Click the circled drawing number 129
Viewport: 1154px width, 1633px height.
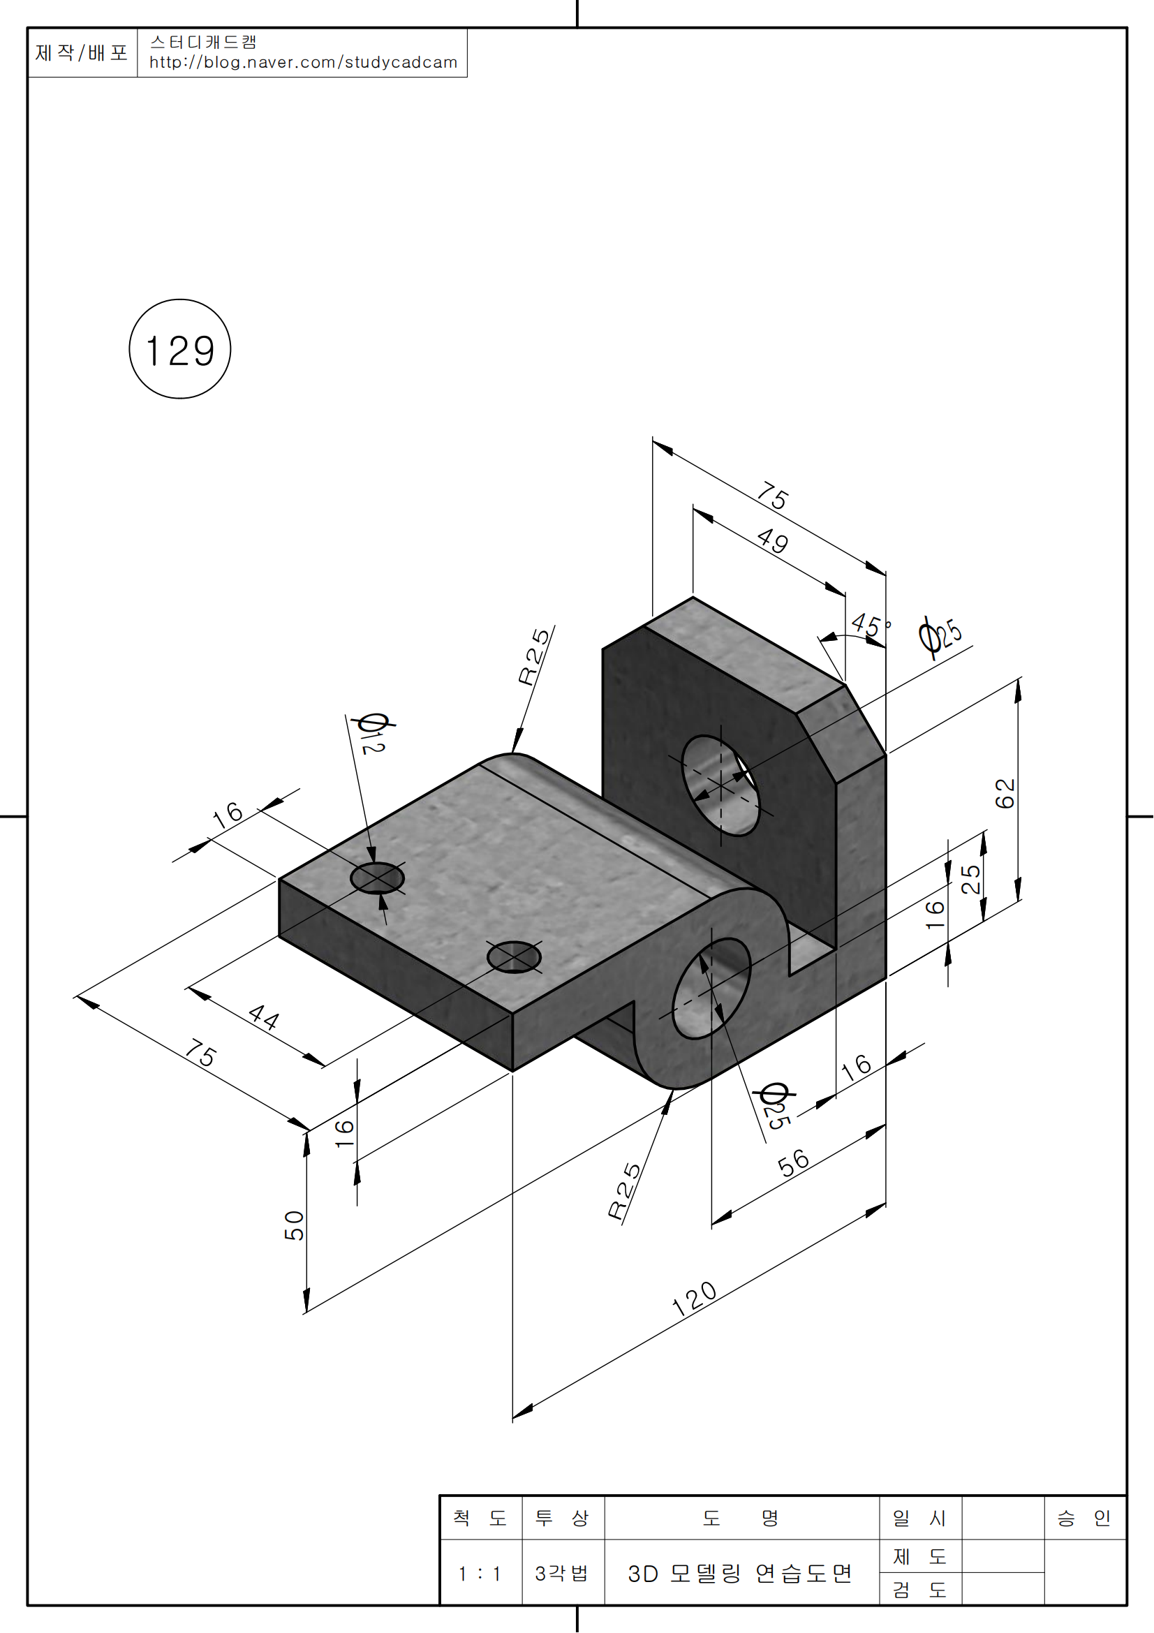(180, 350)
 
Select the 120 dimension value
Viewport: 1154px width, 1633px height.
(694, 1299)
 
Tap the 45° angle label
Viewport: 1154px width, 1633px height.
(870, 625)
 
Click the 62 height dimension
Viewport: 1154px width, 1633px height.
(1005, 793)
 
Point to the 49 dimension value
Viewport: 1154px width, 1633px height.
(773, 541)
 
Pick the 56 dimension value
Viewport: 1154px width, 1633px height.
(794, 1164)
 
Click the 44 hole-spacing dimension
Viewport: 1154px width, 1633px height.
(264, 1017)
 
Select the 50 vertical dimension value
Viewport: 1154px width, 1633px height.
(295, 1225)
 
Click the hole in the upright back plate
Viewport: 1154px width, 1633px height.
(720, 786)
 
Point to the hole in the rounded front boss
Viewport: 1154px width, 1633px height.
(711, 989)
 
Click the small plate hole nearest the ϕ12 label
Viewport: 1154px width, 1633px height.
(377, 878)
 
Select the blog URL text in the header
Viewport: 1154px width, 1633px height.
(303, 63)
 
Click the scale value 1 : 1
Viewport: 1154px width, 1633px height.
(480, 1573)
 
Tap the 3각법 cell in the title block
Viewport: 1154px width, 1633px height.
(562, 1573)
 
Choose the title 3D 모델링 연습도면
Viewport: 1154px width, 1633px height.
(739, 1573)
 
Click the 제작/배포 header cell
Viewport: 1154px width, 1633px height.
(82, 52)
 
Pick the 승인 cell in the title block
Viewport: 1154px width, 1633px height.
(1083, 1519)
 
